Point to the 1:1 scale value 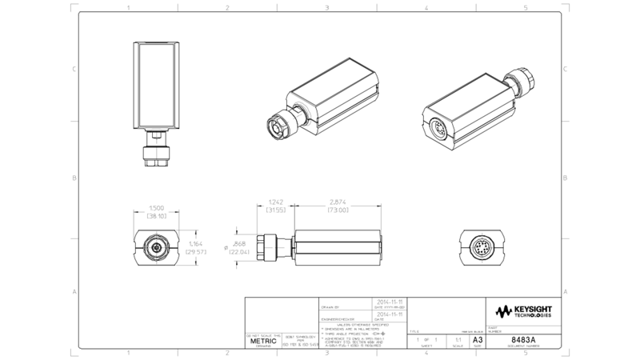click(x=457, y=340)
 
